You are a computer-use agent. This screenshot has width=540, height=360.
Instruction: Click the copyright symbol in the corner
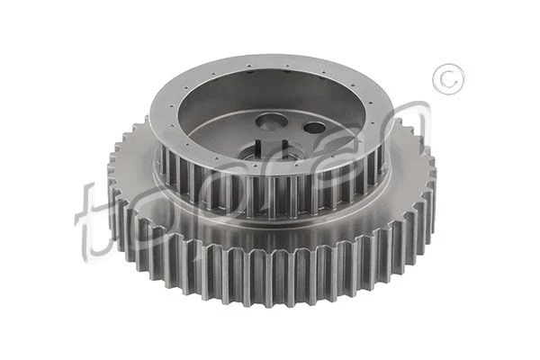(448, 79)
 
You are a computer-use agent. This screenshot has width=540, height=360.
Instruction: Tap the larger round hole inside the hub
(271, 122)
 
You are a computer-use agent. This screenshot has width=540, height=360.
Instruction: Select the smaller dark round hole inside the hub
(314, 128)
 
